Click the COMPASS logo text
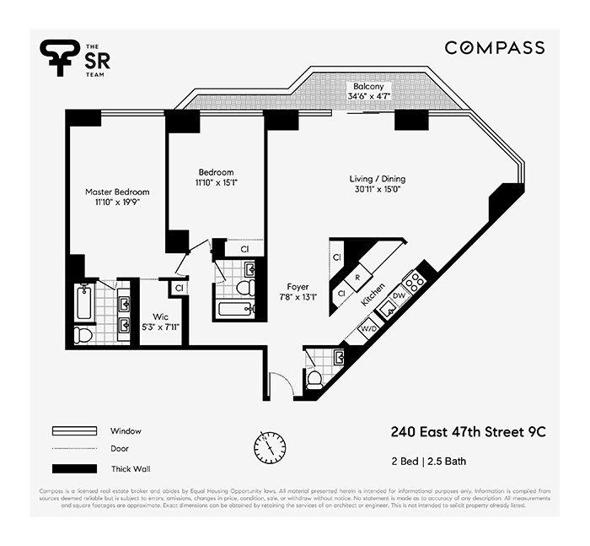(495, 48)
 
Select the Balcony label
(368, 87)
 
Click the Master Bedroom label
(117, 192)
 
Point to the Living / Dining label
(378, 179)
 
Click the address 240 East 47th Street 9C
(468, 431)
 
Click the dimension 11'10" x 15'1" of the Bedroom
(216, 182)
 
